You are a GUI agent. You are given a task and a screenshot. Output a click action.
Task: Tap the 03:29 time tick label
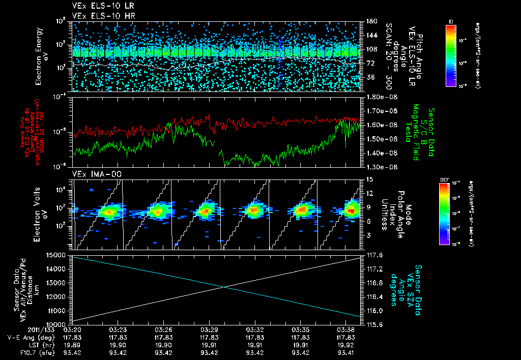point(210,329)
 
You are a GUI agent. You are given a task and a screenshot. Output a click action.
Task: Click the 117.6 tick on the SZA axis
point(374,255)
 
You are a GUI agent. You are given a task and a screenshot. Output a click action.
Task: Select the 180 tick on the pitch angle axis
point(371,21)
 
